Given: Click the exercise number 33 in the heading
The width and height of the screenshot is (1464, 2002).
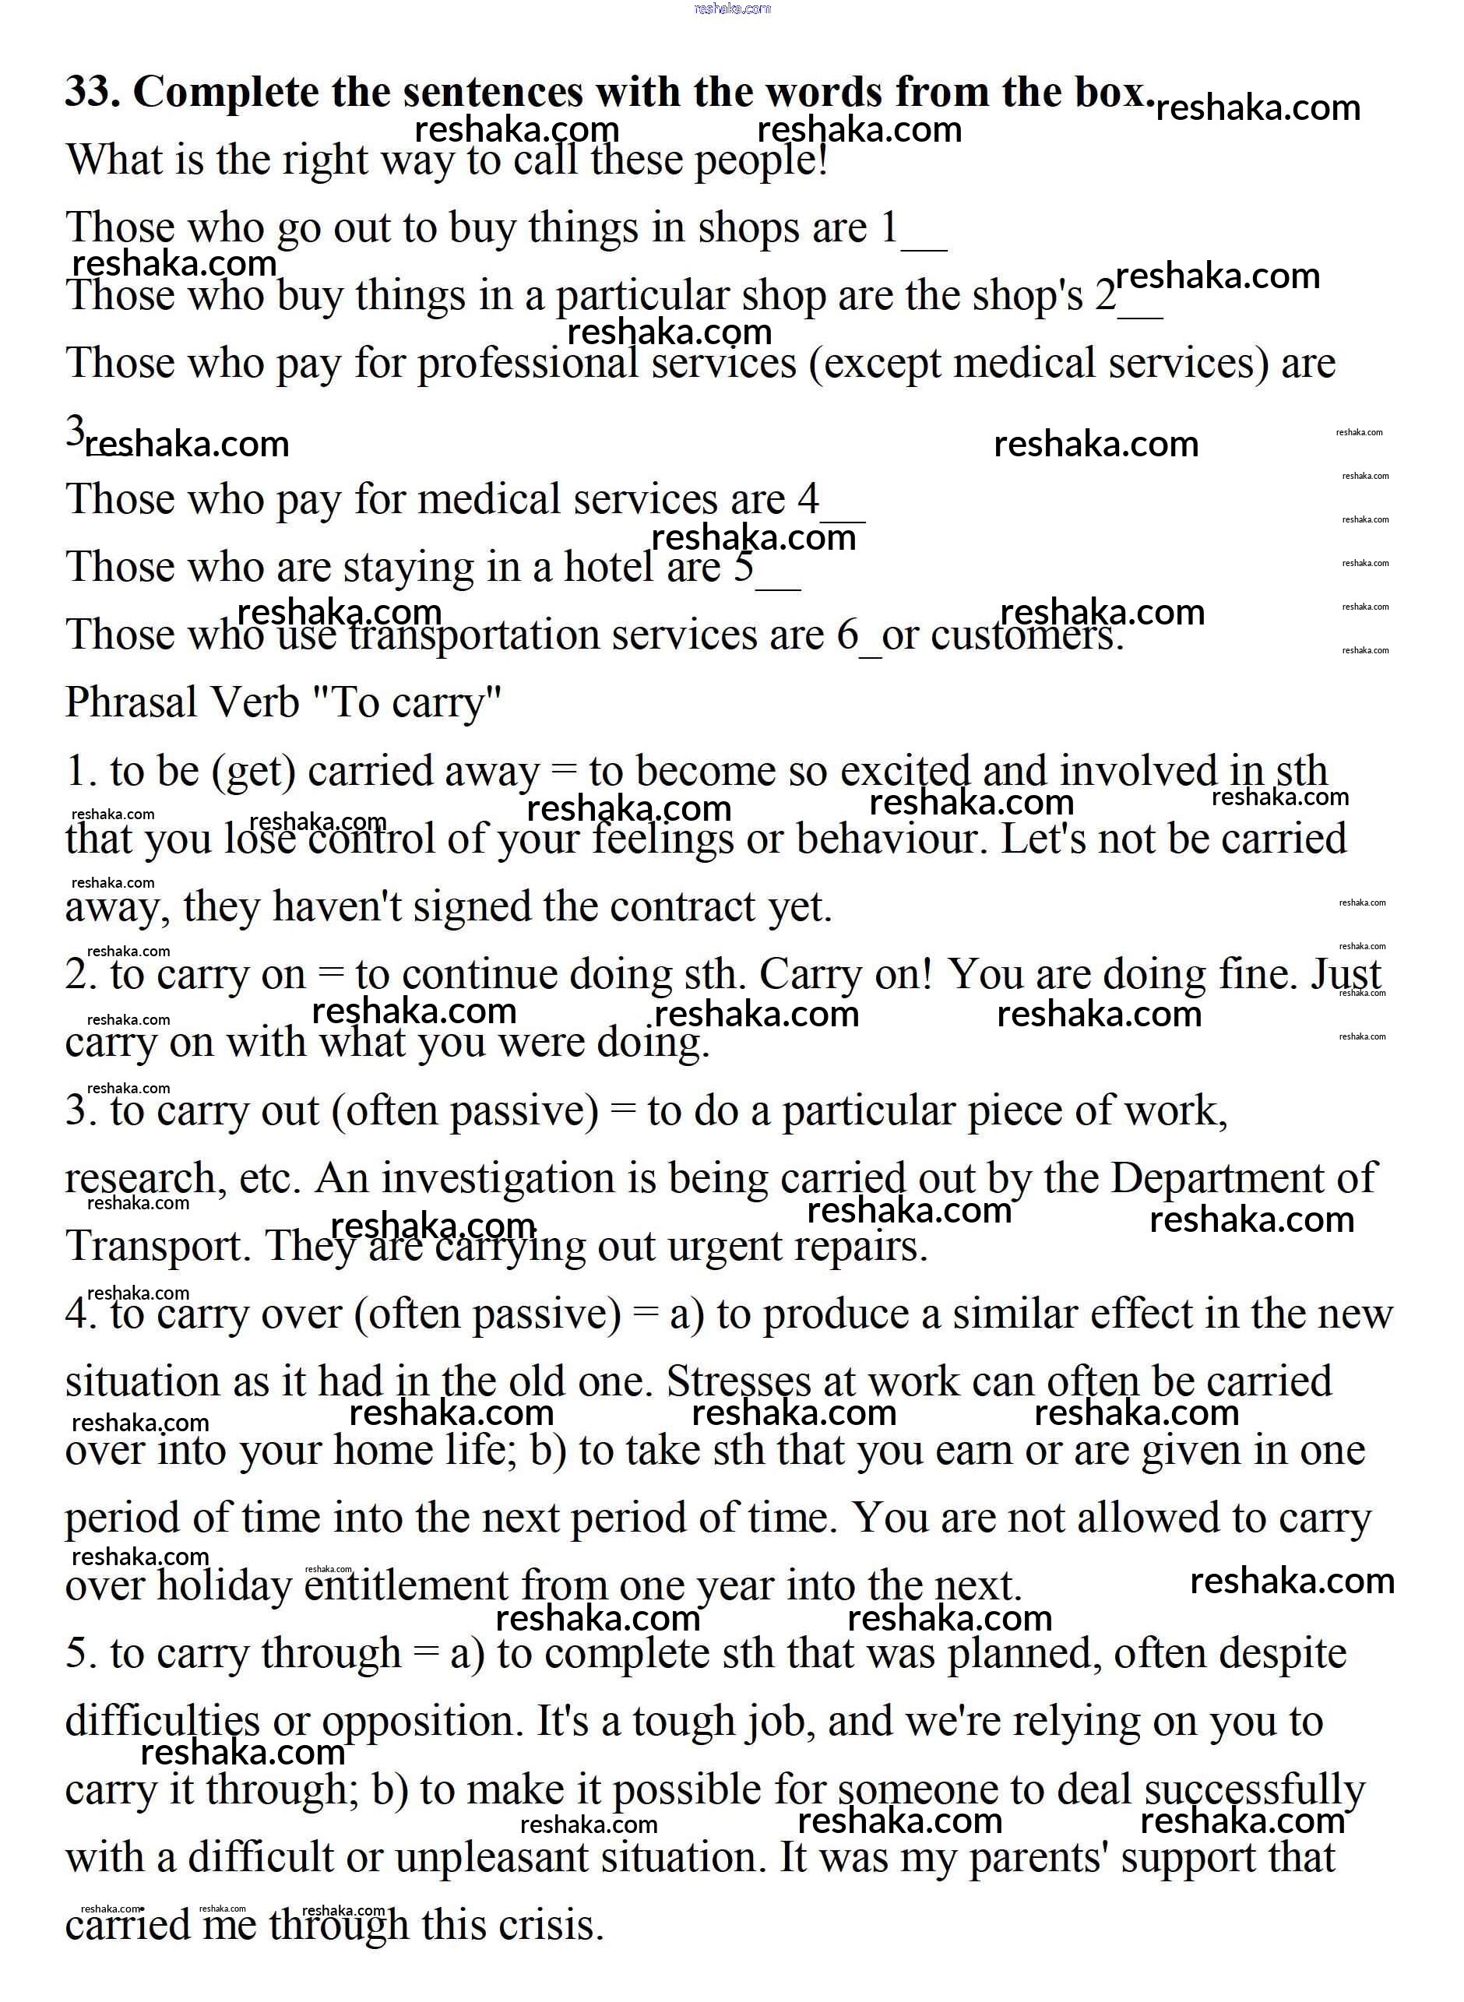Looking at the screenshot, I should (x=92, y=92).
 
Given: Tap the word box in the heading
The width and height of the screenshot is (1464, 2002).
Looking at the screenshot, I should (x=1113, y=92).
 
